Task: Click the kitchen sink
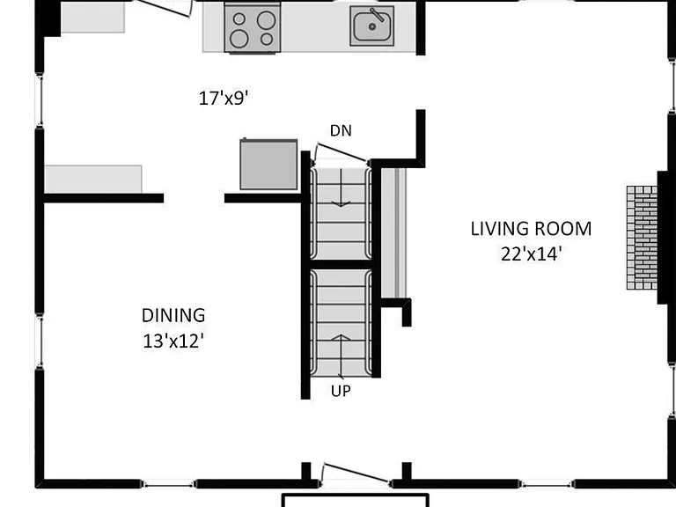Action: pos(371,26)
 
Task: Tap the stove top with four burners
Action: pos(253,28)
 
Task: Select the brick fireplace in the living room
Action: pos(642,238)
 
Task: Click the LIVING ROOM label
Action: pos(531,229)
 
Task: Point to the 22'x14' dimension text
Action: pos(531,253)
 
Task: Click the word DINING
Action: pos(173,316)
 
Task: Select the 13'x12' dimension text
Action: pos(173,341)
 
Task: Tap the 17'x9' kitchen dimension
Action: pos(224,99)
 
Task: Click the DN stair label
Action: pos(341,130)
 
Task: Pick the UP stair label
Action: pos(341,391)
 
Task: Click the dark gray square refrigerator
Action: pos(268,165)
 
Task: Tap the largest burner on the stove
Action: pos(266,20)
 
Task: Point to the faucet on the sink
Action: pos(377,15)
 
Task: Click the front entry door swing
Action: pos(356,474)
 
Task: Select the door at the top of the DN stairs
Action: pos(341,153)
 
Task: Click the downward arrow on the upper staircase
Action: pos(341,188)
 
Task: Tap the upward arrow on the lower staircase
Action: pos(341,356)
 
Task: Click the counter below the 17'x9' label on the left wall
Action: pos(93,179)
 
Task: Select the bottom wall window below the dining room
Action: pos(168,485)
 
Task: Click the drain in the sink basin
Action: pos(371,26)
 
